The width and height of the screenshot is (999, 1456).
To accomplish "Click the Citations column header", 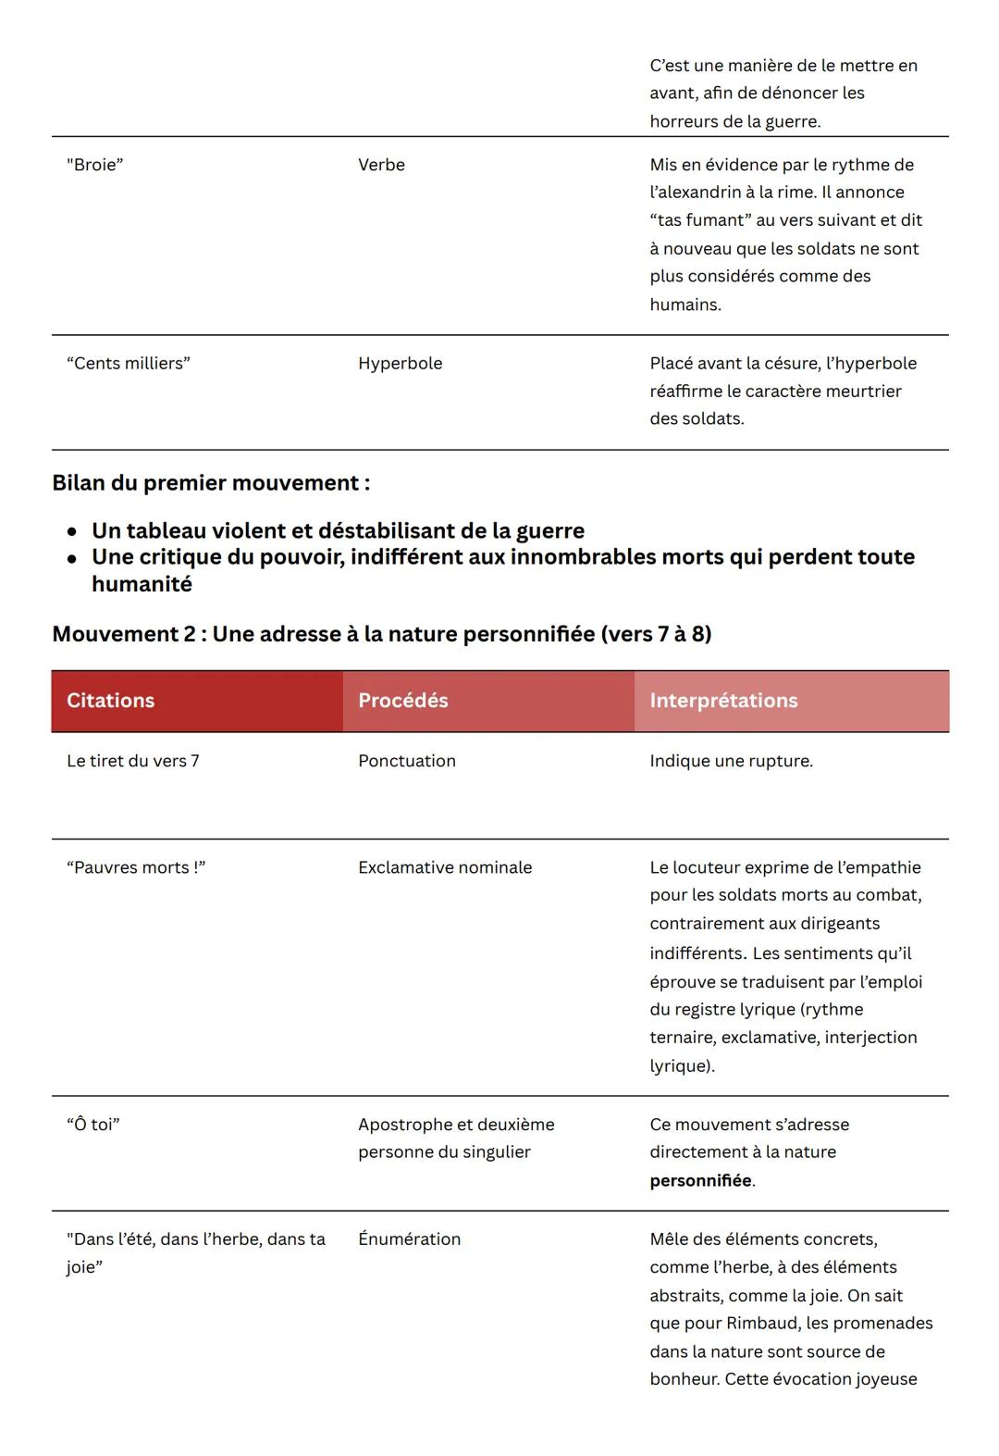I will (x=110, y=701).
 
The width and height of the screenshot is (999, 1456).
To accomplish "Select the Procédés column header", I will (x=402, y=701).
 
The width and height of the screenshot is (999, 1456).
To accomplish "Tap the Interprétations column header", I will (x=723, y=701).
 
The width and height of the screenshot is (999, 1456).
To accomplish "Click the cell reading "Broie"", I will (x=94, y=165).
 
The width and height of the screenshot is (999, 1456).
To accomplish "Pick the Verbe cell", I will (x=381, y=165).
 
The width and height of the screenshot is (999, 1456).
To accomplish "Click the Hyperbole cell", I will (x=400, y=364).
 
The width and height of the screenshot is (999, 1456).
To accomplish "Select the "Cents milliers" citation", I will (x=128, y=364).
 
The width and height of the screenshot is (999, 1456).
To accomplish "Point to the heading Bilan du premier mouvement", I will (x=211, y=483).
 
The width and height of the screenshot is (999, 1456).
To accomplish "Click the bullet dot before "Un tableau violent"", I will (x=72, y=533).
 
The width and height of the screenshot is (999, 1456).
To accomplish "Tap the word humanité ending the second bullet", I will (x=142, y=584).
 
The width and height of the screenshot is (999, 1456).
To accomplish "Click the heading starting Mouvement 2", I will (x=381, y=634).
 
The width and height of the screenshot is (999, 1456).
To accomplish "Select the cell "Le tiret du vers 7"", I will (x=132, y=761).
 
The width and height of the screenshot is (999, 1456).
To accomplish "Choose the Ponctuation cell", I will (x=406, y=761).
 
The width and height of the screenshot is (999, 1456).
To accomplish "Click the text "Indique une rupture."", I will (x=731, y=761).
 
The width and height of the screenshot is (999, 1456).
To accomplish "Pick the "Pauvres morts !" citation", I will (x=135, y=867).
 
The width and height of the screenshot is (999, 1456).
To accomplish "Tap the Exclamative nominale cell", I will (x=445, y=867).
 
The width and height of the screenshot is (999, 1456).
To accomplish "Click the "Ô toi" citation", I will (x=92, y=1125).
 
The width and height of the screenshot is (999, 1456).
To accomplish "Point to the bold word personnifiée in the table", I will (x=700, y=1181).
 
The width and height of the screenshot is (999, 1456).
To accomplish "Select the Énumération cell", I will (x=409, y=1239).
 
